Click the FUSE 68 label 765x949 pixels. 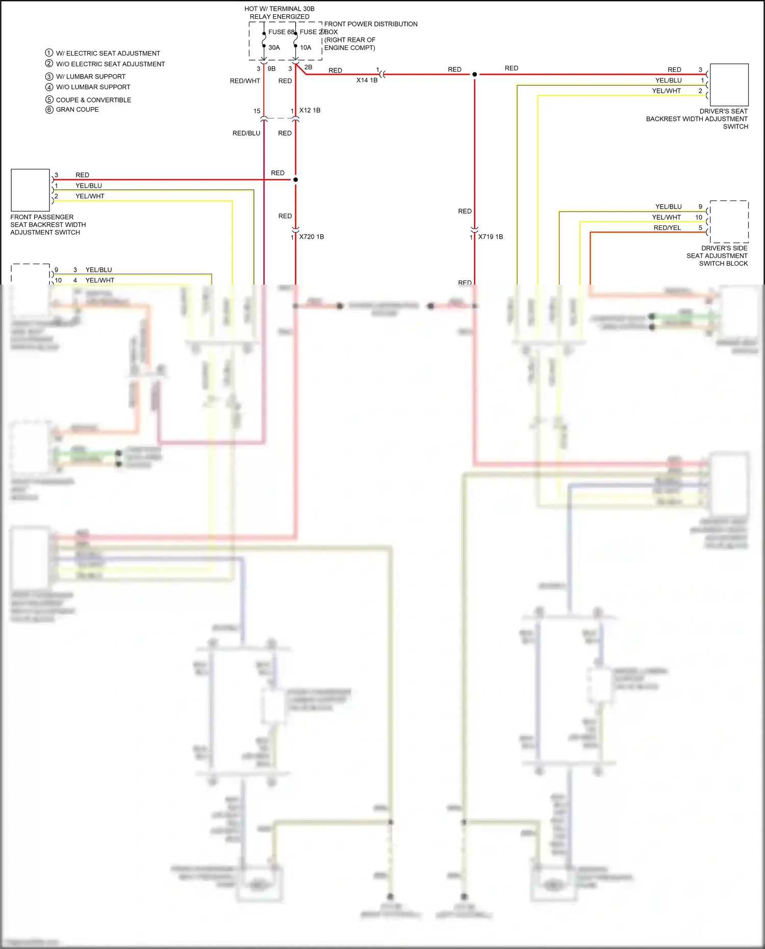281,32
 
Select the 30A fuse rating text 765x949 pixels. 274,48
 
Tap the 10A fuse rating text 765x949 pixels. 305,48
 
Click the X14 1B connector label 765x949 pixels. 367,81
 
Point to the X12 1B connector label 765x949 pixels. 310,111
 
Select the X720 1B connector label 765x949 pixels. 311,237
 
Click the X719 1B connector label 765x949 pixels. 490,237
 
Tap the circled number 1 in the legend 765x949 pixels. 49,53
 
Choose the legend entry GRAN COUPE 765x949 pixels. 77,110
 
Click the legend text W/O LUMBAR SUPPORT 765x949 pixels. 93,87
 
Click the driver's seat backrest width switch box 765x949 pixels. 729,85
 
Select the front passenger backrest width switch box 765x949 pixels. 30,190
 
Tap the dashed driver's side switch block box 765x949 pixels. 729,222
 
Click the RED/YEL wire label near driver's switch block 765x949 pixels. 667,228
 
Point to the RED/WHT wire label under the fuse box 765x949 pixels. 245,81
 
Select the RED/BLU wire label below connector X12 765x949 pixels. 246,134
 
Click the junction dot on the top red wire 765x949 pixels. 474,74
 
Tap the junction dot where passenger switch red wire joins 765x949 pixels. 295,180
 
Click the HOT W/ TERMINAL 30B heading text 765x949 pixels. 279,9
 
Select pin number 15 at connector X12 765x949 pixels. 257,111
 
